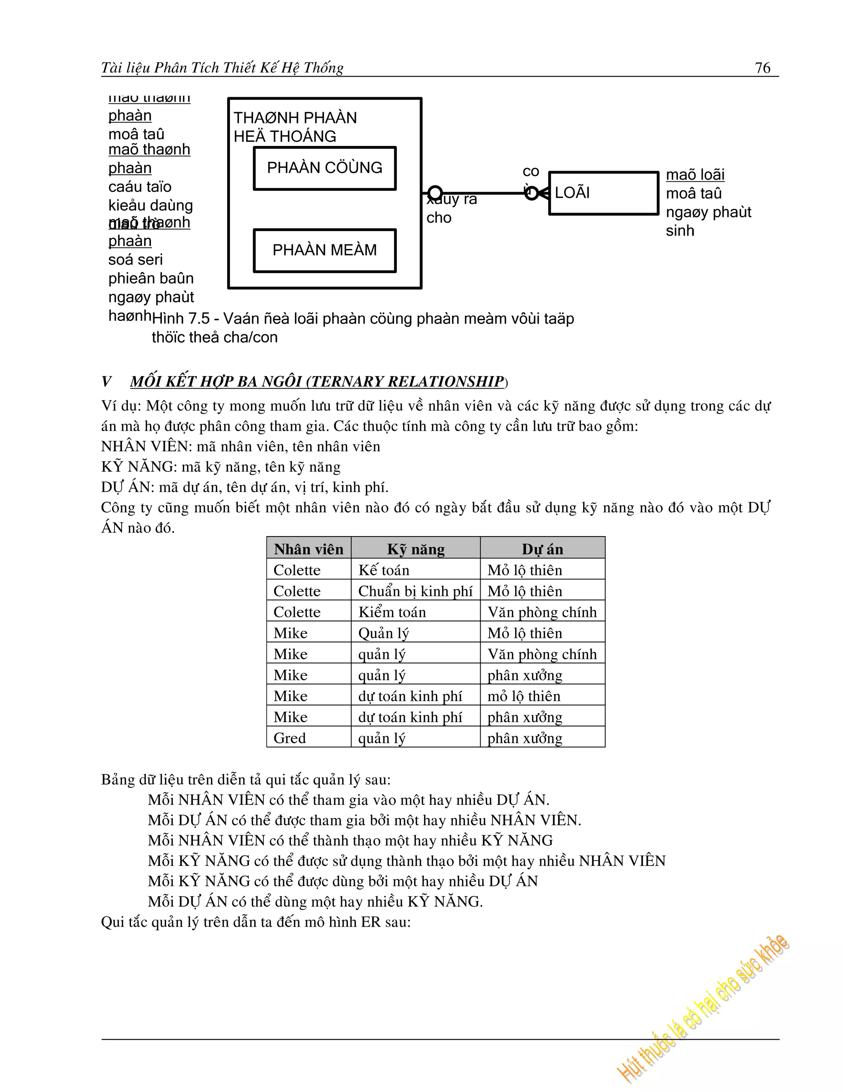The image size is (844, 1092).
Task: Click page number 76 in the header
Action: point(762,68)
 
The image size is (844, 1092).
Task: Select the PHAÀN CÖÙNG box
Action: point(324,168)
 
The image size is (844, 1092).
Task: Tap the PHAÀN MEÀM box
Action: point(324,251)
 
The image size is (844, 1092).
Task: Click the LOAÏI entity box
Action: point(603,193)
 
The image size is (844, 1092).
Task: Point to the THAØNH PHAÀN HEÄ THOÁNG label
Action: point(295,127)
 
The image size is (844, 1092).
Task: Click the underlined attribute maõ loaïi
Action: point(695,174)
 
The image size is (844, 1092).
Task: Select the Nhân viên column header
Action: point(309,549)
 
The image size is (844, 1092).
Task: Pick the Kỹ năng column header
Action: point(415,549)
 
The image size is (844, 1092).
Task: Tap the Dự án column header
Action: point(542,549)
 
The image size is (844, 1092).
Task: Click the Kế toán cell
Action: point(384,570)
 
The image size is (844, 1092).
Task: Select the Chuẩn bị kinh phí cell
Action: point(415,591)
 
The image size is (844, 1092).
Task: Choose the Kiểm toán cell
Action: point(392,612)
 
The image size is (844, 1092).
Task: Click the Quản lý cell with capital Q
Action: point(384,633)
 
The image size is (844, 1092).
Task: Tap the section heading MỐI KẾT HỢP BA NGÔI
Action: point(317,382)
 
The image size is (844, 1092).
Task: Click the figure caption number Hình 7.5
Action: point(181,319)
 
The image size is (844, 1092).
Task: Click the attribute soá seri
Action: point(136,260)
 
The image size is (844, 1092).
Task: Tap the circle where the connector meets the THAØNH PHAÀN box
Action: point(435,193)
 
